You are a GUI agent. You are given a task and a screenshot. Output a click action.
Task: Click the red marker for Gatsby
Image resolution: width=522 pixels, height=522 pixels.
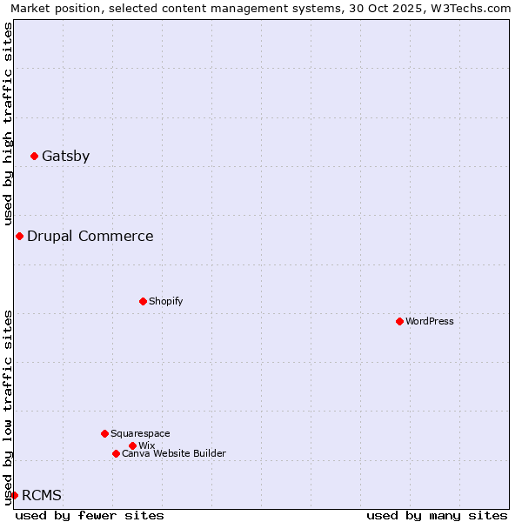[x=34, y=157]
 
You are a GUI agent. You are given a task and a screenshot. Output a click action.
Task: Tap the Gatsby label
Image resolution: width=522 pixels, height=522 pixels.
[x=65, y=157]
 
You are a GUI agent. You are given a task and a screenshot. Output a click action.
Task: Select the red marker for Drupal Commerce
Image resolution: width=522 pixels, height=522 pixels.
[x=19, y=237]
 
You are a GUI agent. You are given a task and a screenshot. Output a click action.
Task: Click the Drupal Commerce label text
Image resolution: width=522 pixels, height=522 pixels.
[x=90, y=237]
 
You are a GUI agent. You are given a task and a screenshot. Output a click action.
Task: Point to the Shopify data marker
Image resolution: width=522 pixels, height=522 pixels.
[x=143, y=301]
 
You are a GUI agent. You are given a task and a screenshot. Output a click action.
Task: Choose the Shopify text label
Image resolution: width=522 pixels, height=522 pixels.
[x=165, y=301]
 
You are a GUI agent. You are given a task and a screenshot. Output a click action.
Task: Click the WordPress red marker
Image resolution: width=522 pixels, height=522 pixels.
[x=399, y=321]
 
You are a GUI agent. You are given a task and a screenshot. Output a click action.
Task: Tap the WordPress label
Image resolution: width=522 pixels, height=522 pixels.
[x=429, y=321]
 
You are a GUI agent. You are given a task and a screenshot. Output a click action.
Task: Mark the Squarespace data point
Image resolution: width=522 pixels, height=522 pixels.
[x=104, y=433]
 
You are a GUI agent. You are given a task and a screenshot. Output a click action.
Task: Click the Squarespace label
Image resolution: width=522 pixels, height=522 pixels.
[x=140, y=433]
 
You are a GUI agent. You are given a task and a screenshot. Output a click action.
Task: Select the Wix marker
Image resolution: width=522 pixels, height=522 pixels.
[x=132, y=445]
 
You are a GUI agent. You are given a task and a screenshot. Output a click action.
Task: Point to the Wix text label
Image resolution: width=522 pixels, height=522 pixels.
[x=146, y=445]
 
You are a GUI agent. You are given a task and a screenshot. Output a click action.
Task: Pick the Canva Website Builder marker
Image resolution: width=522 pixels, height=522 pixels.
[x=116, y=453]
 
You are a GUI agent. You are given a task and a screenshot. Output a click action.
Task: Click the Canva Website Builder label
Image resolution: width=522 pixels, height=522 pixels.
[x=173, y=453]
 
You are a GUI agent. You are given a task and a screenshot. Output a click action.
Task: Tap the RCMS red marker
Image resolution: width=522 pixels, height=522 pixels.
[x=14, y=495]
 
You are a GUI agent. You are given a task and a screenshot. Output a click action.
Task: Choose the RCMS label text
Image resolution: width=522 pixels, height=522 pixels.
[x=42, y=496]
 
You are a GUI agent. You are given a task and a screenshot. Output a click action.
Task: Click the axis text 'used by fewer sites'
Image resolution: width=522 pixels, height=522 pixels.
[x=90, y=515]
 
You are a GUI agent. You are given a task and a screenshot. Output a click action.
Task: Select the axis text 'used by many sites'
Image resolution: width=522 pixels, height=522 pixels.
[x=437, y=515]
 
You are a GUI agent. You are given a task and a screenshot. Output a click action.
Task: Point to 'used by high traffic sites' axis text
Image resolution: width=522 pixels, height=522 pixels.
[x=8, y=124]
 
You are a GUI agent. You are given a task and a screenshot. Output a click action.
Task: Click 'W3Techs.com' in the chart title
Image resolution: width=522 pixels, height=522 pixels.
[x=476, y=8]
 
